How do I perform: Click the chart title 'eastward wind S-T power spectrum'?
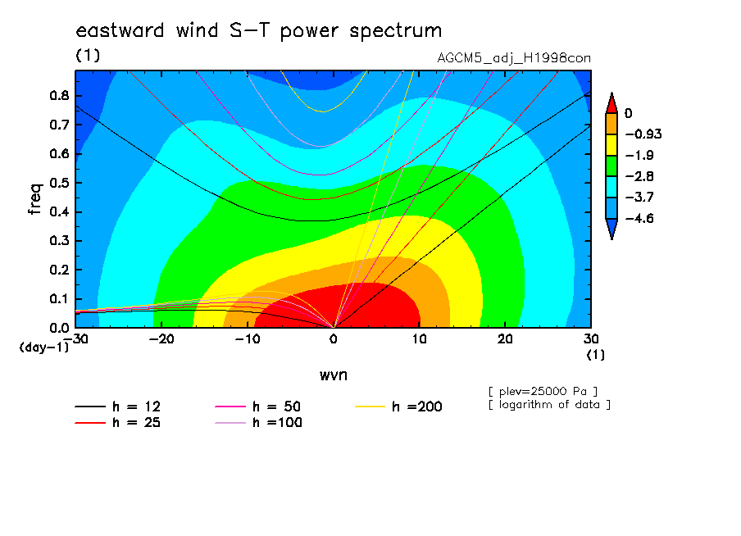pos(258,31)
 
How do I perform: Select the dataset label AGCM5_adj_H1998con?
pos(514,58)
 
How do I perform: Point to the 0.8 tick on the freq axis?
pos(59,95)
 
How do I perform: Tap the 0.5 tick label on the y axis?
pos(59,183)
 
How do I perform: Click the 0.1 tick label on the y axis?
pos(59,299)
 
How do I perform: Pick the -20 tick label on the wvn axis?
pos(161,339)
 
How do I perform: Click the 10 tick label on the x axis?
pos(419,339)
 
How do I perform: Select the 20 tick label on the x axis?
pos(505,339)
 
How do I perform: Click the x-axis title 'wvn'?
pos(334,375)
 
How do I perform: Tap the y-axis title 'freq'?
pos(35,199)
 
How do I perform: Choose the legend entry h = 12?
pos(118,407)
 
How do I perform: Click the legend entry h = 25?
pos(118,423)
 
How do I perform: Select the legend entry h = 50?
pos(258,407)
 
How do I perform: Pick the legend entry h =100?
pos(258,423)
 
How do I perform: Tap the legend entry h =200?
pos(399,407)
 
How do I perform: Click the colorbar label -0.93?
pos(643,134)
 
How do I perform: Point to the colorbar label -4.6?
pos(639,218)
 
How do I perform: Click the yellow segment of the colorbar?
pos(611,144)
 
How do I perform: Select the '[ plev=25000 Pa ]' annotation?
pos(543,392)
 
